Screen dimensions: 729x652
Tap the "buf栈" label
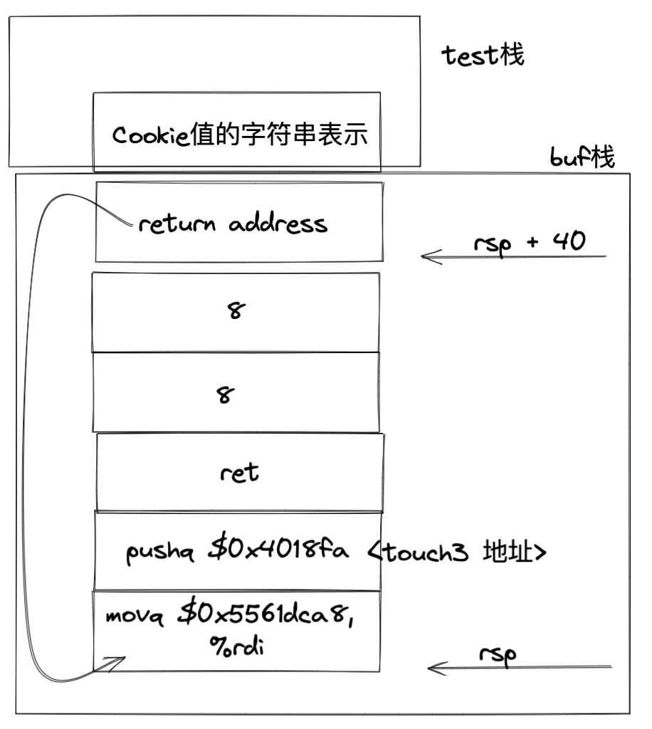582,157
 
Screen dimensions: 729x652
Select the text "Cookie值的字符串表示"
241,135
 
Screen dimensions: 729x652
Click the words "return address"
233,224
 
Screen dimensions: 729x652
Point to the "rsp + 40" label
529,242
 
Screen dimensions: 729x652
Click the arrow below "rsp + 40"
512,256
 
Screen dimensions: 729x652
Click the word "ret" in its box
240,472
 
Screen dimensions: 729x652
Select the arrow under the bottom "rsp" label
520,668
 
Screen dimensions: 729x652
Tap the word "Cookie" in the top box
150,135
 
